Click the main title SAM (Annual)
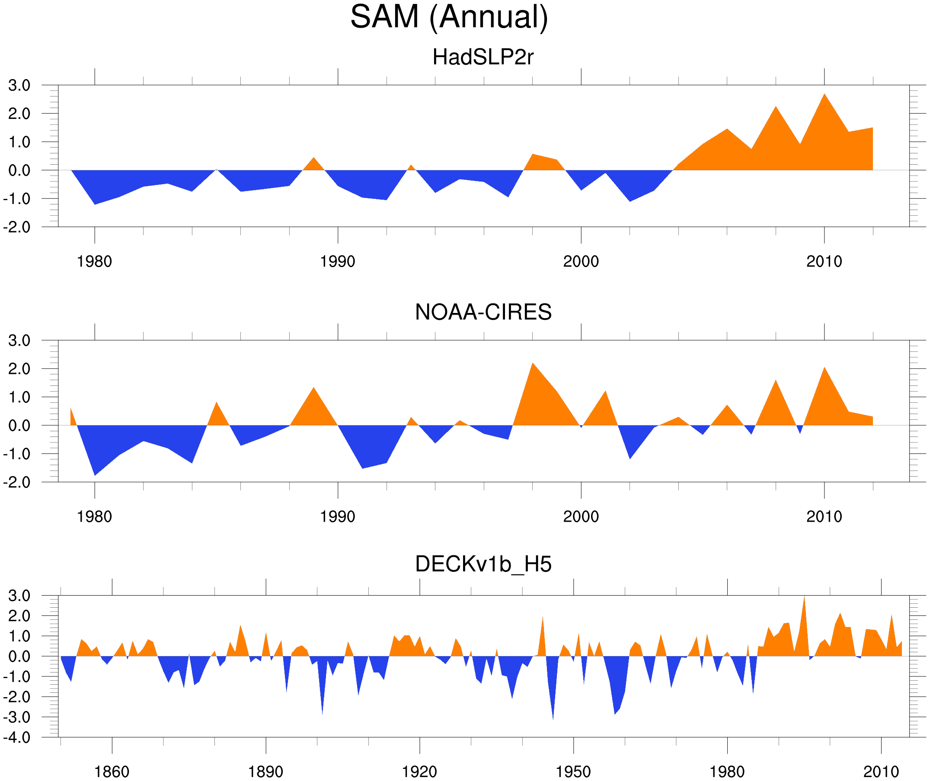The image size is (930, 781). (x=449, y=17)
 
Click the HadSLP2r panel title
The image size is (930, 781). (x=483, y=57)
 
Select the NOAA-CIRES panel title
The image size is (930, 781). (x=483, y=312)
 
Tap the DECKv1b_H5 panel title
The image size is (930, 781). (x=483, y=564)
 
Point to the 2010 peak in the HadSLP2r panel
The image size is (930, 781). (x=824, y=96)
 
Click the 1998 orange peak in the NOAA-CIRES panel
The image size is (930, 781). (x=533, y=365)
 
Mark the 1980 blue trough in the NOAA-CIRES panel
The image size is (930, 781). (x=95, y=474)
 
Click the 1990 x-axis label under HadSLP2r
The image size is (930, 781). (x=338, y=261)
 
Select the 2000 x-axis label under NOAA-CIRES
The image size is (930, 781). (x=581, y=516)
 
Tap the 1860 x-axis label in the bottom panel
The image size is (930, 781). (x=112, y=771)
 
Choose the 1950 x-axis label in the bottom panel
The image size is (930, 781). (x=573, y=771)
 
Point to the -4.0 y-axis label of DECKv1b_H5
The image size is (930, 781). (x=17, y=738)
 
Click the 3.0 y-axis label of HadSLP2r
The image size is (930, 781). (x=19, y=86)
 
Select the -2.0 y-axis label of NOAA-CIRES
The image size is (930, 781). (x=17, y=482)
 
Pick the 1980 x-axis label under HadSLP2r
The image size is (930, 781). (x=94, y=261)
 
